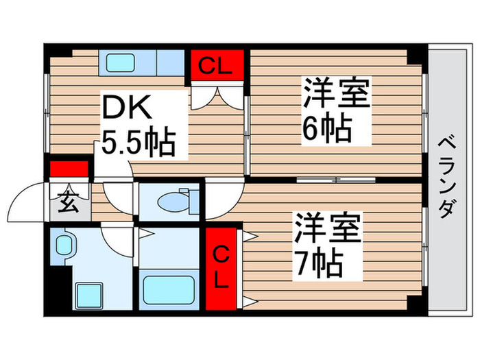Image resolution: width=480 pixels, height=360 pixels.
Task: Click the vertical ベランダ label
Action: [x=446, y=177]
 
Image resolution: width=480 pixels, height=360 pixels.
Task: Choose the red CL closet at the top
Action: [x=217, y=67]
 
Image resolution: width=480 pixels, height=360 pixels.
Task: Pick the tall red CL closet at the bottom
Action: [x=221, y=268]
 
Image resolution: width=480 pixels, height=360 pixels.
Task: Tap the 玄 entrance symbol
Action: [x=69, y=204]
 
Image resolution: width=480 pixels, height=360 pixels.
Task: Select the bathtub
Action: [x=169, y=287]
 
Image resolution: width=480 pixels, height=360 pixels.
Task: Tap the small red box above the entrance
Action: [x=69, y=169]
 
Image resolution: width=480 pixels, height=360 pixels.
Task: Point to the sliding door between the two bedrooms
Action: [x=335, y=180]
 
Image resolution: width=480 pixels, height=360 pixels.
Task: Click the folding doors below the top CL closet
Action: [x=217, y=96]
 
